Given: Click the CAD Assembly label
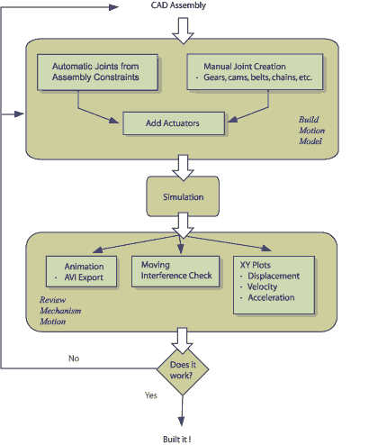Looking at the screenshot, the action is point(178,5).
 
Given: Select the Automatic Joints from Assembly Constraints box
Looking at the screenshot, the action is point(97,72).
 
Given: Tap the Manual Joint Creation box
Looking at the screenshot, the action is point(255,72).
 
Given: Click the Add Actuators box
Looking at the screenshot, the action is point(174,123).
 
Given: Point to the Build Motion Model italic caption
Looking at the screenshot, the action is point(311,131).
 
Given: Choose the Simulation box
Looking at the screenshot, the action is point(183,196).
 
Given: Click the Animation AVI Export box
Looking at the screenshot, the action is point(81,272).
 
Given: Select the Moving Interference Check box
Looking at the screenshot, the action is point(175,271).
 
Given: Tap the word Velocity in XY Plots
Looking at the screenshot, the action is point(262,286).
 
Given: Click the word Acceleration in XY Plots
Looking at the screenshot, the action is point(271,297).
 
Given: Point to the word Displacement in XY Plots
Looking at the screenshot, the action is point(274,276).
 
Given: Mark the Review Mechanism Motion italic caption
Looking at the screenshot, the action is point(60,311).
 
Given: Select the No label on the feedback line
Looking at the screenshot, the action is point(74,359).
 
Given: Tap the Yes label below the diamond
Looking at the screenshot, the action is point(151,395).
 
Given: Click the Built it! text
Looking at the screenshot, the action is point(177,440).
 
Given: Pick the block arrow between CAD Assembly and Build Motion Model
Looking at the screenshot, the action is point(183,31).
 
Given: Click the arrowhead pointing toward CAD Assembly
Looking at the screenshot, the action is point(113,7).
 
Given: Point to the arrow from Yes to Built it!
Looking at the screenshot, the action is point(182,411).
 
